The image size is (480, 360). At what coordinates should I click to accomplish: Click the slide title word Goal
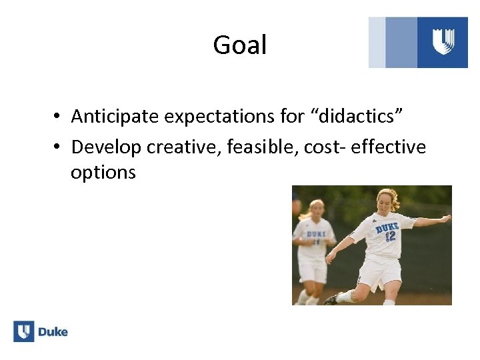pyautogui.click(x=239, y=45)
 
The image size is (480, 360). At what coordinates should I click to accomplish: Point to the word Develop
pyautogui.click(x=107, y=146)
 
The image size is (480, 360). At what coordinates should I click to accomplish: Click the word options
pyautogui.click(x=103, y=173)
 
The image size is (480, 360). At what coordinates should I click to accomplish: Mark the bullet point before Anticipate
pyautogui.click(x=59, y=117)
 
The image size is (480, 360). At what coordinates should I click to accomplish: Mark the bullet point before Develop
pyautogui.click(x=59, y=147)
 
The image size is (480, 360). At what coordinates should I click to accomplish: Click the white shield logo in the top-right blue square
pyautogui.click(x=443, y=42)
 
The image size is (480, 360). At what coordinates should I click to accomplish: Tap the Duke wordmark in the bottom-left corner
pyautogui.click(x=53, y=331)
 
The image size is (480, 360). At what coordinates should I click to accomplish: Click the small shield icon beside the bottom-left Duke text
pyautogui.click(x=24, y=331)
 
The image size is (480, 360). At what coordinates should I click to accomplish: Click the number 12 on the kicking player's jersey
pyautogui.click(x=390, y=236)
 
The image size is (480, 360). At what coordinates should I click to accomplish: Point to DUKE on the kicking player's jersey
pyautogui.click(x=387, y=227)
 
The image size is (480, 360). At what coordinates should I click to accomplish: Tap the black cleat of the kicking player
pyautogui.click(x=331, y=299)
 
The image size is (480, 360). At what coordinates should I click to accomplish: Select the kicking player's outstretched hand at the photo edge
pyautogui.click(x=445, y=217)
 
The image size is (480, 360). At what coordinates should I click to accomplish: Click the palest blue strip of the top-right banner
pyautogui.click(x=377, y=42)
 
